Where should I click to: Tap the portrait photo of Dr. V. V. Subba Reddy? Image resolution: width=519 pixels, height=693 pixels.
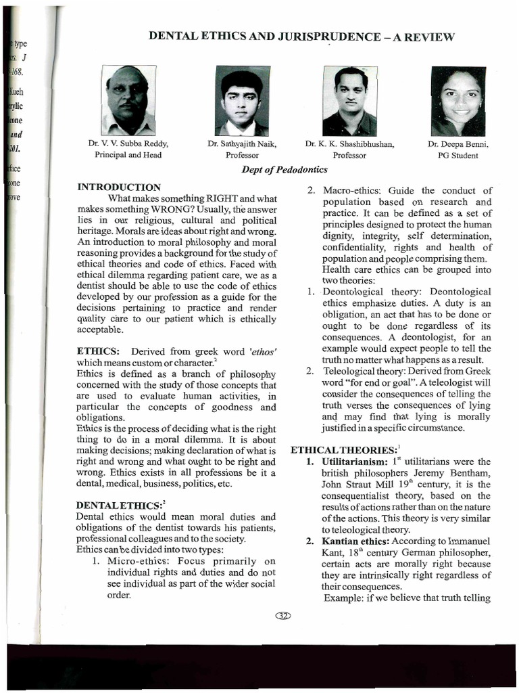click(128, 100)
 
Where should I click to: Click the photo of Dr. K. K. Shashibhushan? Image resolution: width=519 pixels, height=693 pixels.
click(349, 101)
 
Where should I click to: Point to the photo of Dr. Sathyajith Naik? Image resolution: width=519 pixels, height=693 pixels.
click(242, 101)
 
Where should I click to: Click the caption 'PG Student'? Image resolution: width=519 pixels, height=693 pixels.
click(458, 155)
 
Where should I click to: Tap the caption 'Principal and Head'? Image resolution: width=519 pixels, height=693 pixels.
click(128, 155)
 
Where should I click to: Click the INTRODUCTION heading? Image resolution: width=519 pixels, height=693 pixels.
click(119, 187)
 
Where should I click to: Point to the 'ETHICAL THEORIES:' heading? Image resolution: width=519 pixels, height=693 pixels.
click(334, 450)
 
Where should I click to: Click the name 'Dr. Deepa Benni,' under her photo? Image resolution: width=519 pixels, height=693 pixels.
click(458, 144)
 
